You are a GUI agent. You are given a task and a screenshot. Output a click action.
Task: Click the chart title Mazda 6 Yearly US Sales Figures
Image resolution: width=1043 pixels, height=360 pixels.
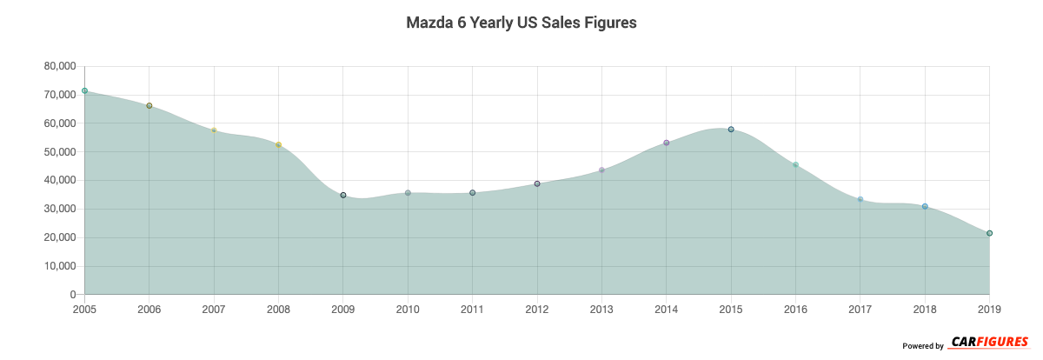pyautogui.click(x=521, y=23)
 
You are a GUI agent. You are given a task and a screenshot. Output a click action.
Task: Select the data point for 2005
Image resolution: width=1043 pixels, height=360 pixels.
pyautogui.click(x=84, y=90)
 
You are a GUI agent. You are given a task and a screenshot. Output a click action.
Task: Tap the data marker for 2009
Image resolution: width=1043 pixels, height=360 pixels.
pyautogui.click(x=343, y=195)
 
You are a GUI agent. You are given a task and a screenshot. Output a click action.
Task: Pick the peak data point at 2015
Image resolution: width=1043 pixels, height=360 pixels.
pyautogui.click(x=731, y=129)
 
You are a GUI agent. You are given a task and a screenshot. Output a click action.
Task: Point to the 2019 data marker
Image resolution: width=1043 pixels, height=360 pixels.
pyautogui.click(x=989, y=233)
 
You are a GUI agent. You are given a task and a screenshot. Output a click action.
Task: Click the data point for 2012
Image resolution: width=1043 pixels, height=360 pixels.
pyautogui.click(x=537, y=183)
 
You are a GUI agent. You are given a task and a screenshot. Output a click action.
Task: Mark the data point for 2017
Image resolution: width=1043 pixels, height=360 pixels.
pyautogui.click(x=860, y=199)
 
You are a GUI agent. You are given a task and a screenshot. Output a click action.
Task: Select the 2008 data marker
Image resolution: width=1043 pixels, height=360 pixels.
pyautogui.click(x=278, y=144)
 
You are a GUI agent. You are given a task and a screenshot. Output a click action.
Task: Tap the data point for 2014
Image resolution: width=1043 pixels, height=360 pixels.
pyautogui.click(x=667, y=143)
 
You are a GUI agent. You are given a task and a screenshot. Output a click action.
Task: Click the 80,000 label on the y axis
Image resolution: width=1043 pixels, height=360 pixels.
pyautogui.click(x=59, y=66)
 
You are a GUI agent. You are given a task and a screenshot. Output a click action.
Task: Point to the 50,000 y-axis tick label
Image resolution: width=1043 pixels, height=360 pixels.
pyautogui.click(x=59, y=152)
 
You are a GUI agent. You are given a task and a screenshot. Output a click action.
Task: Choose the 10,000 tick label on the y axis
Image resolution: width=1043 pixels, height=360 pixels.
pyautogui.click(x=59, y=266)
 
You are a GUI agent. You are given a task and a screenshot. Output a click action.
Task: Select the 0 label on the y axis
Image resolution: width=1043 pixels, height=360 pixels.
pyautogui.click(x=73, y=295)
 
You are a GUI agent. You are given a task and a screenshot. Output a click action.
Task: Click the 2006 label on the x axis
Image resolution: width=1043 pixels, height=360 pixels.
pyautogui.click(x=149, y=309)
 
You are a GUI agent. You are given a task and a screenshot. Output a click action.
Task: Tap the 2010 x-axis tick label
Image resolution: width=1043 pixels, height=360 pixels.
pyautogui.click(x=408, y=309)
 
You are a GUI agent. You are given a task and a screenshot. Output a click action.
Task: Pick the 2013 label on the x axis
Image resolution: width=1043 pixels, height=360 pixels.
pyautogui.click(x=601, y=309)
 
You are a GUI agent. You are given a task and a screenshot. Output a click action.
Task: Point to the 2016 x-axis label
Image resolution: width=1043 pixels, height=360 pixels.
pyautogui.click(x=795, y=309)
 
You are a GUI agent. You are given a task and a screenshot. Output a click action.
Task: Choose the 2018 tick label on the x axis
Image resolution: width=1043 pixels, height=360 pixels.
pyautogui.click(x=925, y=309)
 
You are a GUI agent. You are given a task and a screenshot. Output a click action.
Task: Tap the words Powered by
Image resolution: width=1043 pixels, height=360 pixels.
pyautogui.click(x=922, y=346)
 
